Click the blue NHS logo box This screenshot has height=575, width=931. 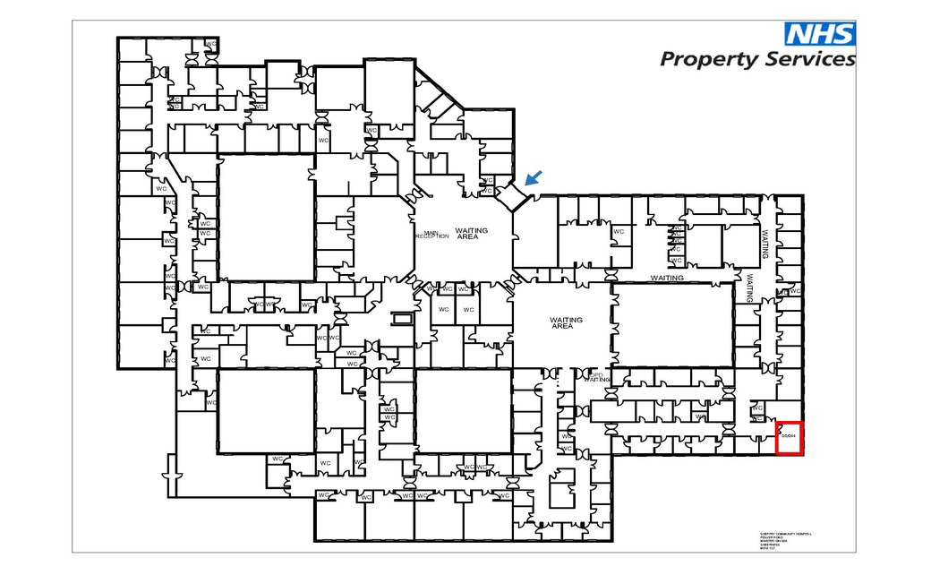coord(819,34)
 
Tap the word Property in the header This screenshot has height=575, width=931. coord(708,60)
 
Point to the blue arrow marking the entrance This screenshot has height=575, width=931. coord(533,179)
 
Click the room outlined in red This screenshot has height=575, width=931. coord(789,438)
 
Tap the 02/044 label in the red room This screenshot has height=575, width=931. coord(789,435)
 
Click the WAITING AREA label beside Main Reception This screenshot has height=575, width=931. coord(472,233)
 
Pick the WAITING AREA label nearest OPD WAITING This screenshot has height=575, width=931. coord(566,322)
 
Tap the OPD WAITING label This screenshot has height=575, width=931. coord(597,378)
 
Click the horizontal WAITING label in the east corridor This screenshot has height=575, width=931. coord(667,278)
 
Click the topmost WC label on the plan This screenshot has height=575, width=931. coord(211,43)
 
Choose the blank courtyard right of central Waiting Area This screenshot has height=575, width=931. coord(673,324)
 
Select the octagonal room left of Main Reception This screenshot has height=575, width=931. coord(381,236)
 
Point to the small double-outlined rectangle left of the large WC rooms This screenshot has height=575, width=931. coord(401,317)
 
